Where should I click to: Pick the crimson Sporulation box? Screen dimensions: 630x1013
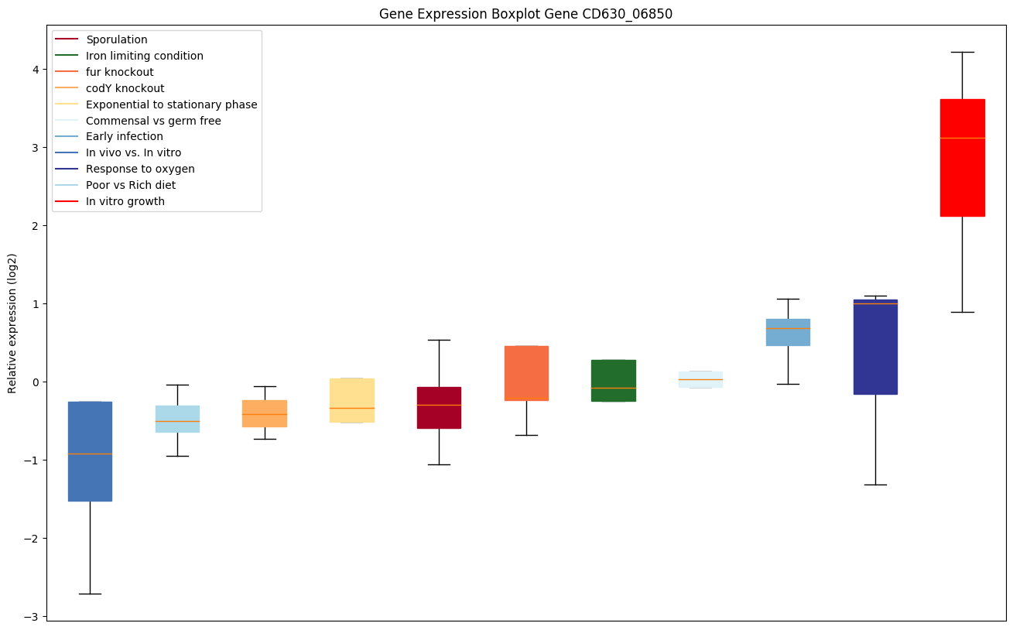439,418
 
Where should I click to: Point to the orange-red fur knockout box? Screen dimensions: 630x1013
526,371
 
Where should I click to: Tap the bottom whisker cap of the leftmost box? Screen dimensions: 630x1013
90,594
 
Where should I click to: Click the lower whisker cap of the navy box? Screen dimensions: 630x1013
875,484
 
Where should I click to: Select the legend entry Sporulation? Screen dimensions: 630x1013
117,39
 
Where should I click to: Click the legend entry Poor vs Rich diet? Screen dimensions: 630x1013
131,185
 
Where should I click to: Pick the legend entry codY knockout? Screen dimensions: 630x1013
125,88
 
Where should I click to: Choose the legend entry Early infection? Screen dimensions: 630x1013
125,136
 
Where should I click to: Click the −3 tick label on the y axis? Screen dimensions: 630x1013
33,616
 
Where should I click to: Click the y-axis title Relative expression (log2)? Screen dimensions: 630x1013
13,323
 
